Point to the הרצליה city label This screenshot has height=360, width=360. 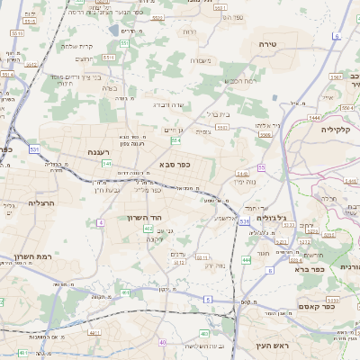(41, 203)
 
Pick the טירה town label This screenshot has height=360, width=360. (266, 43)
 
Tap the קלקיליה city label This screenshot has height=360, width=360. (340, 130)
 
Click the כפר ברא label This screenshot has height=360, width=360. (305, 268)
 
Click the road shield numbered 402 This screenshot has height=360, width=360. (148, 229)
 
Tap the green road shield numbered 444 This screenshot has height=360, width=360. (246, 259)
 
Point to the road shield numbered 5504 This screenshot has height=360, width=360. (175, 140)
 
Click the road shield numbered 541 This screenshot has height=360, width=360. (107, 164)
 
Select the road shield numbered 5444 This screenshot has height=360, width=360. (313, 118)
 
